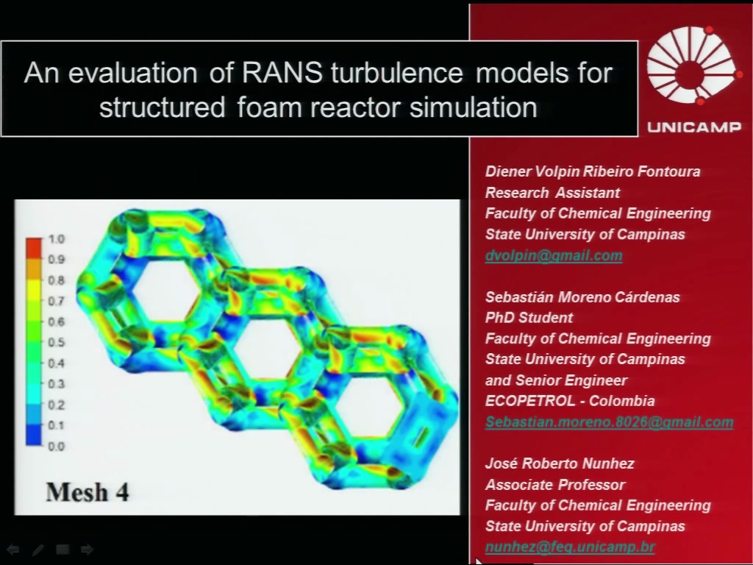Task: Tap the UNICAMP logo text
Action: [x=694, y=127]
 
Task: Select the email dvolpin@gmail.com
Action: [x=554, y=255]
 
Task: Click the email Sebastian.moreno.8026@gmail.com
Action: [x=610, y=422]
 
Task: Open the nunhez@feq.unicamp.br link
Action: [x=570, y=547]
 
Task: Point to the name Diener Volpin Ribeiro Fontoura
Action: [x=593, y=171]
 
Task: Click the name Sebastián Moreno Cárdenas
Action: [x=582, y=297]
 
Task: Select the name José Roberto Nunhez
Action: [x=560, y=463]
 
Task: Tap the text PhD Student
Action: [x=529, y=318]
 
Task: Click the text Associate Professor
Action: [x=555, y=484]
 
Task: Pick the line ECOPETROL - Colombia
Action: [x=570, y=401]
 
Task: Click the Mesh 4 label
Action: [x=88, y=492]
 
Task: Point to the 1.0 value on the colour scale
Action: [x=56, y=239]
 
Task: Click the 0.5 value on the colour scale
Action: [x=56, y=343]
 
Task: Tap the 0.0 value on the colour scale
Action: [x=56, y=447]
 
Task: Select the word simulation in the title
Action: [x=474, y=107]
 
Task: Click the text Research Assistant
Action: [x=552, y=193]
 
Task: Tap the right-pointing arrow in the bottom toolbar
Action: [x=87, y=549]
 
